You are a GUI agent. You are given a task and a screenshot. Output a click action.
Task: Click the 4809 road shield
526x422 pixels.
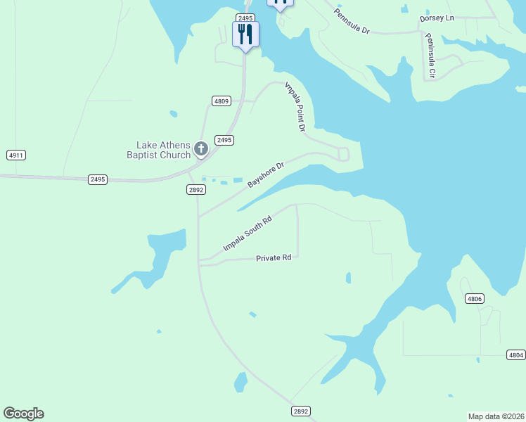click(x=222, y=101)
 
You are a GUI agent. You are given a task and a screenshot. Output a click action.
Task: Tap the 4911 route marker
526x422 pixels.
click(x=16, y=155)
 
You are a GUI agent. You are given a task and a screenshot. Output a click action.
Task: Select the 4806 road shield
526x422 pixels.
click(x=475, y=299)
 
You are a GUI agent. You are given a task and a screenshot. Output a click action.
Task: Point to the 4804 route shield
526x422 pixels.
click(x=516, y=355)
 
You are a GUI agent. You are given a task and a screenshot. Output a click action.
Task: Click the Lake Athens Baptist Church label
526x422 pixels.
click(x=158, y=150)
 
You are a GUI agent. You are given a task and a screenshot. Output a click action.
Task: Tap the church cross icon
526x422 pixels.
click(x=201, y=148)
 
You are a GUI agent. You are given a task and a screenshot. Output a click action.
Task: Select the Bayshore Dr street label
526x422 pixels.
click(x=266, y=175)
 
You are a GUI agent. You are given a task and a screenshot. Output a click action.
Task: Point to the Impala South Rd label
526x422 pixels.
click(x=247, y=234)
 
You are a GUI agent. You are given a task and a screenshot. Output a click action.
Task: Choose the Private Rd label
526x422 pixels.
click(x=274, y=258)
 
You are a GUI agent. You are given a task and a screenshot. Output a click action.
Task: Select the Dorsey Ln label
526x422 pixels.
click(x=438, y=18)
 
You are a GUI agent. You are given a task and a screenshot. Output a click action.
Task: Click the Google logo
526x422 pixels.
click(x=23, y=414)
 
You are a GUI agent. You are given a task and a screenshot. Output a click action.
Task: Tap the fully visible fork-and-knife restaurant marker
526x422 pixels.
click(x=245, y=34)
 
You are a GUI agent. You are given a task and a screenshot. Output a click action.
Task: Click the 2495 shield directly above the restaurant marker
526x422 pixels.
click(x=245, y=18)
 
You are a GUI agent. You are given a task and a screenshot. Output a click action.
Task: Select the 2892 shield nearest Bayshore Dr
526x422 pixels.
click(x=196, y=190)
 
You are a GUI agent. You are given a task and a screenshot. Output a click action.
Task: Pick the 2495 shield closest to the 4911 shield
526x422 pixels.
click(x=98, y=180)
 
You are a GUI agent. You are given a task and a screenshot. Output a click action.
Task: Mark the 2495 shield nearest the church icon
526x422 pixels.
click(x=224, y=141)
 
